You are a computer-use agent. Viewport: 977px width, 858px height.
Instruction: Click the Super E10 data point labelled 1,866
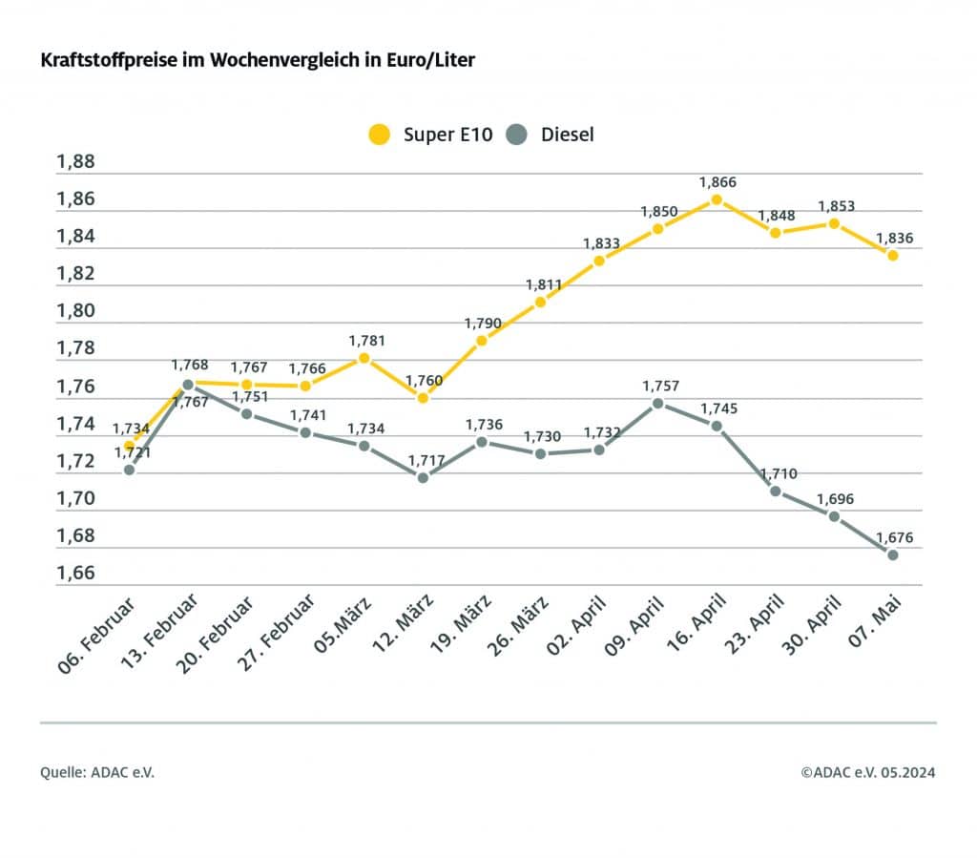pyautogui.click(x=717, y=199)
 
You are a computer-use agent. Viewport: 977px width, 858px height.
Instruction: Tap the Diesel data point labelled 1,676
pyautogui.click(x=893, y=555)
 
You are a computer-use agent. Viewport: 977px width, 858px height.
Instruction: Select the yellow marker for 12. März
pyautogui.click(x=423, y=397)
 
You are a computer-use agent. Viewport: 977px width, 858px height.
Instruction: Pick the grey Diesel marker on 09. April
pyautogui.click(x=657, y=403)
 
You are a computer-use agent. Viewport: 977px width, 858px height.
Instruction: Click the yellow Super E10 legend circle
pyautogui.click(x=381, y=135)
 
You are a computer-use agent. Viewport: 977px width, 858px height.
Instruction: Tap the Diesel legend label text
pyautogui.click(x=567, y=135)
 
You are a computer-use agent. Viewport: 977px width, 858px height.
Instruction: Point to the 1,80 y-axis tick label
pyautogui.click(x=76, y=311)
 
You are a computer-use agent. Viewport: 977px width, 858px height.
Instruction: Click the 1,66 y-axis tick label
pyautogui.click(x=76, y=574)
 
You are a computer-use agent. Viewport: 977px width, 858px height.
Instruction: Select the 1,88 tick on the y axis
pyautogui.click(x=76, y=161)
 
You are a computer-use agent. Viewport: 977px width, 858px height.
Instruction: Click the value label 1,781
pyautogui.click(x=364, y=340)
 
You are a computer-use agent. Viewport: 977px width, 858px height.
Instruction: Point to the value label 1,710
pyautogui.click(x=778, y=472)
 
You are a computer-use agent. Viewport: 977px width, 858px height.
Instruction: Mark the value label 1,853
pyautogui.click(x=837, y=205)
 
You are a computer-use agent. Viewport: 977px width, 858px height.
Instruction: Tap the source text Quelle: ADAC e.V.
pyautogui.click(x=96, y=772)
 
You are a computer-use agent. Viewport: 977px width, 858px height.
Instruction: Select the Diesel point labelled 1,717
pyautogui.click(x=423, y=476)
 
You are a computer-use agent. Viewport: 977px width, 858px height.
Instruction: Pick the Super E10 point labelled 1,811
pyautogui.click(x=540, y=302)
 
